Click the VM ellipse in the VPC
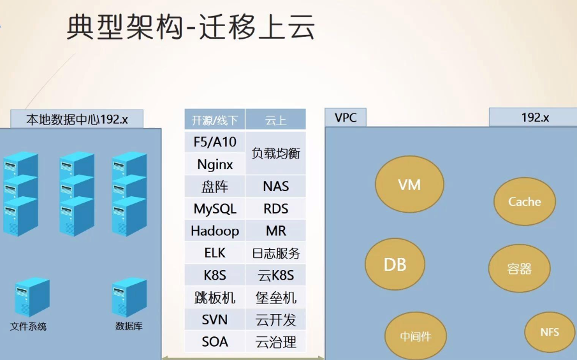(409, 185)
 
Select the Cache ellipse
(525, 202)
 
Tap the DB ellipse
(395, 264)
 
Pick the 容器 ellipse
(520, 268)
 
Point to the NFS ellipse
(550, 333)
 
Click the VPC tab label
(346, 118)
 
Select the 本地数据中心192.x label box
(77, 119)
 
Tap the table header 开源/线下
(215, 120)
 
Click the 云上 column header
(275, 120)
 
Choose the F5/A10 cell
(215, 142)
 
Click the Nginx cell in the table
(215, 164)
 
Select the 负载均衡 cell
(275, 153)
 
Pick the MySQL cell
(215, 209)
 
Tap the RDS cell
(275, 209)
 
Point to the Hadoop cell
(215, 231)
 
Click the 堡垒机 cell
(275, 298)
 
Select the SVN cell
(215, 320)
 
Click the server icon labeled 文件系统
(31, 296)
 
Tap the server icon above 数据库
(129, 296)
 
